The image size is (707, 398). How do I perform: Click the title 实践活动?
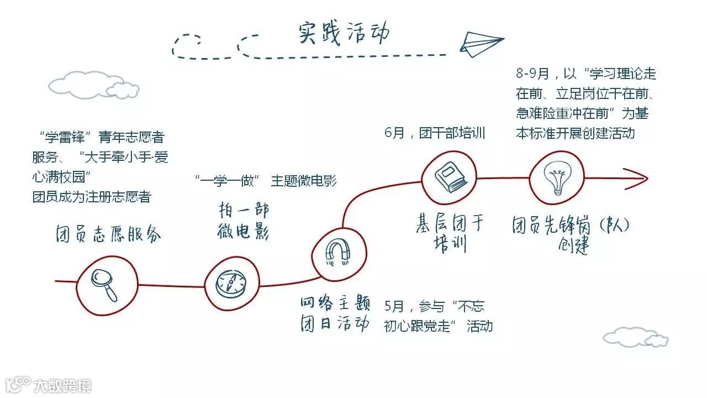344,33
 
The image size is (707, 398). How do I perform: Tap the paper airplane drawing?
481,43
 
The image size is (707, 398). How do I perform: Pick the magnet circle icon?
338,253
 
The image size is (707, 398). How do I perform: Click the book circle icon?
449,177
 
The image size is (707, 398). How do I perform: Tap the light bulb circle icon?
556,178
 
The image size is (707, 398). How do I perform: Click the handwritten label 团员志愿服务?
108,235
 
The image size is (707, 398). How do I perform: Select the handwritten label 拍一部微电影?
243,222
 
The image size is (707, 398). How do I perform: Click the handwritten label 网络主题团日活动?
335,313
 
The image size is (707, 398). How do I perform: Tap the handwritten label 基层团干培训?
450,233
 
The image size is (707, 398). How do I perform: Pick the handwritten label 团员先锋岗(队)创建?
571,235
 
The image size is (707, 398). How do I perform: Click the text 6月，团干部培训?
435,133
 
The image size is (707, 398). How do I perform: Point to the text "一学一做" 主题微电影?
265,180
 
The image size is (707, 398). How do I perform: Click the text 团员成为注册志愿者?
92,197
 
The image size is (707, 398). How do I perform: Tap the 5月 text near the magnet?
396,307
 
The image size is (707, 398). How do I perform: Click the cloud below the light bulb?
635,337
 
